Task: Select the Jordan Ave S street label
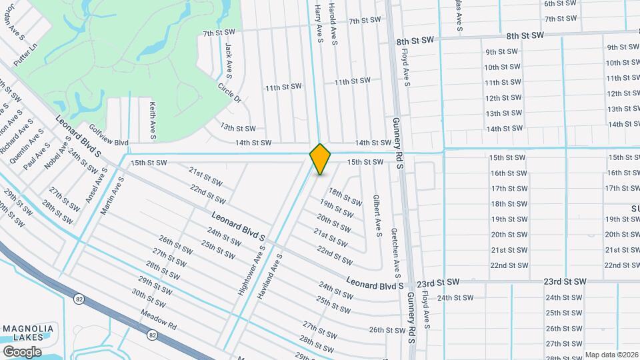[14, 30]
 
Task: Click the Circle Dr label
[229, 93]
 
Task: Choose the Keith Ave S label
[153, 120]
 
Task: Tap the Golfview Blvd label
[108, 143]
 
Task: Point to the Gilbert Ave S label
[377, 216]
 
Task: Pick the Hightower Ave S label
[252, 270]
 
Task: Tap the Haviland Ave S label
[271, 275]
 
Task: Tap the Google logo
[22, 351]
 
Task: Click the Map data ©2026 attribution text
[611, 355]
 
